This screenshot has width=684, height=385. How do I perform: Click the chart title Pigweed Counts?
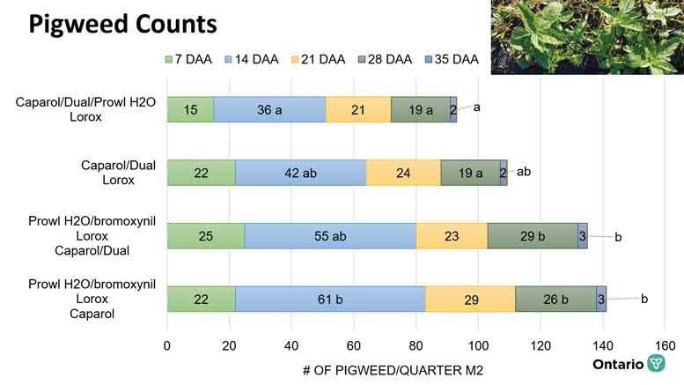[x=122, y=25]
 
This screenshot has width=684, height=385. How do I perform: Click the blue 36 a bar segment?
[x=269, y=109]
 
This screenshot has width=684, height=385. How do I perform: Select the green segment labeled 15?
[x=190, y=109]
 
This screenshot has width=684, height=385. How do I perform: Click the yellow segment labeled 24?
[x=403, y=173]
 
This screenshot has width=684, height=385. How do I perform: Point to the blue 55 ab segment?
[x=330, y=236]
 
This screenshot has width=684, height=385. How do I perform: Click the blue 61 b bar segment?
[x=330, y=300]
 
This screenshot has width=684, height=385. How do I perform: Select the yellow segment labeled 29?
[x=470, y=300]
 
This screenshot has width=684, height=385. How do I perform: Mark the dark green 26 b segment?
[x=555, y=300]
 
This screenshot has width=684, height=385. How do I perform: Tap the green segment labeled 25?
[x=205, y=236]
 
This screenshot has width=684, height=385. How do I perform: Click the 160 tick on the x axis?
[x=665, y=345]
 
